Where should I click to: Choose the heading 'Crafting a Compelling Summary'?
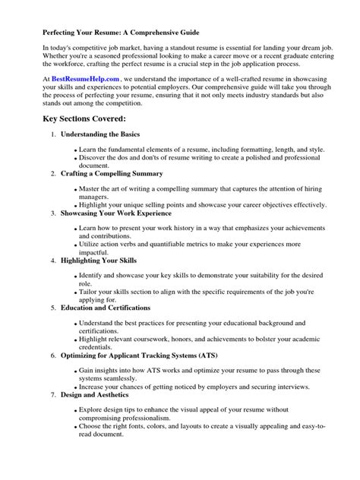coord(112,174)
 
